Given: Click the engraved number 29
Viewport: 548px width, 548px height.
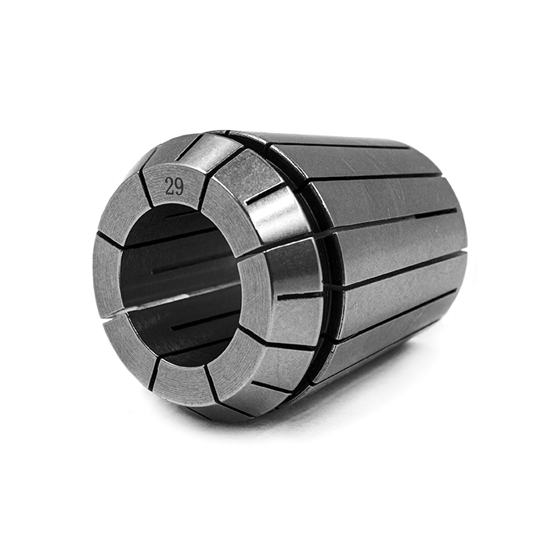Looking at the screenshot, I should pyautogui.click(x=175, y=186).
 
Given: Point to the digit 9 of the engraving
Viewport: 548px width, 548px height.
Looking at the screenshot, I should pyautogui.click(x=179, y=186).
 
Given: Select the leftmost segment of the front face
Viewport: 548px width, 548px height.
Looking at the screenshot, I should pyautogui.click(x=106, y=270).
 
